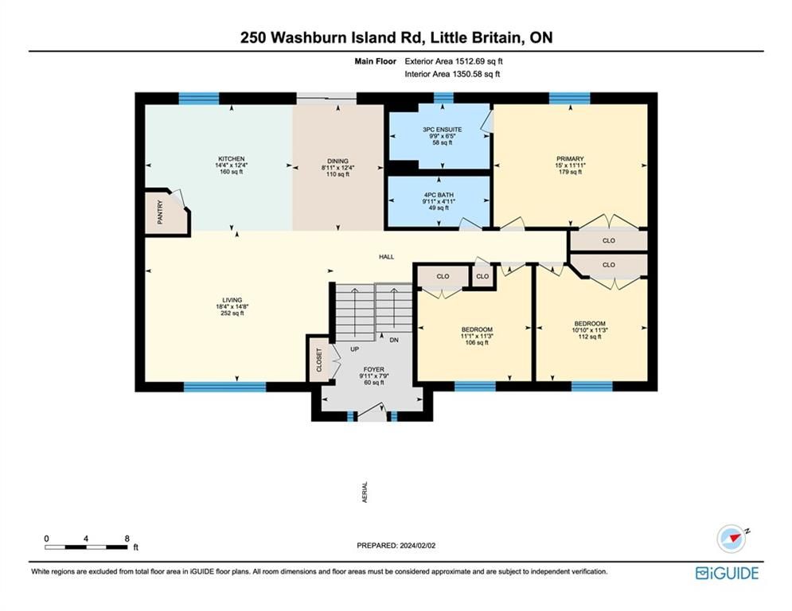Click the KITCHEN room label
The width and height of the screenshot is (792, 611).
232,158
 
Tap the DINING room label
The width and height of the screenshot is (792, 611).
337,161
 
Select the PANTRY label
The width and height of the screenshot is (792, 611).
161,212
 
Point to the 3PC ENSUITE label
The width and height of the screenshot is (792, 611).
443,129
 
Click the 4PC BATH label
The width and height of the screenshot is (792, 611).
439,194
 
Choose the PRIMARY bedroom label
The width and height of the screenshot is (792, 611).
570,158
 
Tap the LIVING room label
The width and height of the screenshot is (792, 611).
232,300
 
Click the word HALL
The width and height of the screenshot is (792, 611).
387,256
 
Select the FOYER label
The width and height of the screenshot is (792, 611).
374,370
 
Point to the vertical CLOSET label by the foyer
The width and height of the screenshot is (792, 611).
319,360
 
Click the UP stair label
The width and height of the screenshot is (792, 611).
354,349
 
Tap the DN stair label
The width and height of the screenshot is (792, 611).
394,340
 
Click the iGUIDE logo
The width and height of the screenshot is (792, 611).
727,573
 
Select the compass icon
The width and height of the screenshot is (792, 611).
732,539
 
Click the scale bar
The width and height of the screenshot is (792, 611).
86,547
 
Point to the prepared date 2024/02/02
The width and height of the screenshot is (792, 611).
418,545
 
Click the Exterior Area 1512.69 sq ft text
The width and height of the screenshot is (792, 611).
454,61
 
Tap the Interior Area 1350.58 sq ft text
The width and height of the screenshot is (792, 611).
452,74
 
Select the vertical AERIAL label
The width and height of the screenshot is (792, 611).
365,492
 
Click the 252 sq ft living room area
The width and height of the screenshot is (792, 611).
232,313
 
